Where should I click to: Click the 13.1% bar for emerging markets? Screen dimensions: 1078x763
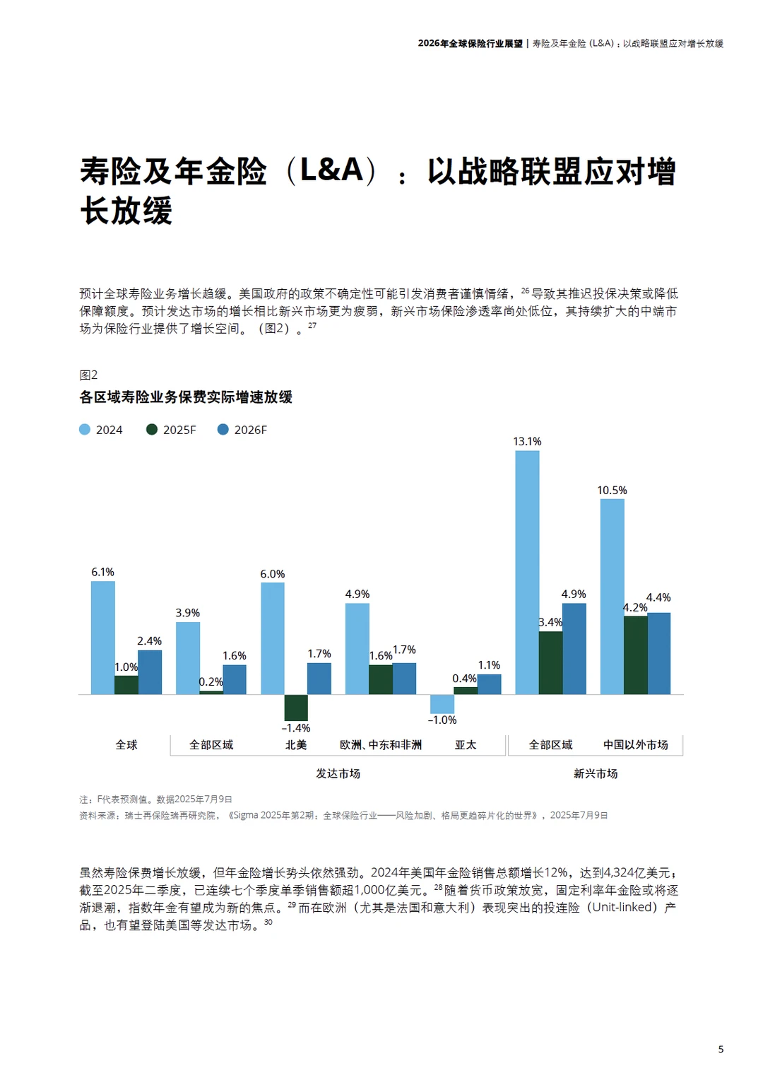pyautogui.click(x=527, y=572)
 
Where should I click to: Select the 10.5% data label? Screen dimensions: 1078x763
pyautogui.click(x=612, y=490)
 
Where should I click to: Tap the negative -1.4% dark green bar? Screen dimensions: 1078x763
pyautogui.click(x=296, y=707)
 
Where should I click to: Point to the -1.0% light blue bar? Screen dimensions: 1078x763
pyautogui.click(x=442, y=703)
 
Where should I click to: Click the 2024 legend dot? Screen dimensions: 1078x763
pyautogui.click(x=85, y=430)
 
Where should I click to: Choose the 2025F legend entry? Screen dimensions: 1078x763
pyautogui.click(x=172, y=430)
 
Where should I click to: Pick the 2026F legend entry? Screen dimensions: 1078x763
pyautogui.click(x=242, y=430)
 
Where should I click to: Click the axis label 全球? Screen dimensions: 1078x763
pyautogui.click(x=126, y=744)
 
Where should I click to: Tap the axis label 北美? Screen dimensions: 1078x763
pyautogui.click(x=296, y=744)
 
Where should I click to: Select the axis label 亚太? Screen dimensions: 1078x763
pyautogui.click(x=466, y=744)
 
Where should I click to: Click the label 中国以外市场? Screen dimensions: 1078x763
pyautogui.click(x=635, y=744)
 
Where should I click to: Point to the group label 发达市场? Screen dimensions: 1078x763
pyautogui.click(x=338, y=773)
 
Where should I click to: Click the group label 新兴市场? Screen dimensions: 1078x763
pyautogui.click(x=596, y=773)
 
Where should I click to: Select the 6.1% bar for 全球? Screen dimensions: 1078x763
pyautogui.click(x=103, y=637)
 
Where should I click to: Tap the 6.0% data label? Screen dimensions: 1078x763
pyautogui.click(x=273, y=574)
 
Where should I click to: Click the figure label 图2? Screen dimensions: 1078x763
pyautogui.click(x=88, y=375)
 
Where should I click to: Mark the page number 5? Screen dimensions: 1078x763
pyautogui.click(x=721, y=1049)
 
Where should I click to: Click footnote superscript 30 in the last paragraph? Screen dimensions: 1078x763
pyautogui.click(x=268, y=922)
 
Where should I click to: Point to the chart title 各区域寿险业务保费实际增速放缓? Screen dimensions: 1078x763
pyautogui.click(x=186, y=397)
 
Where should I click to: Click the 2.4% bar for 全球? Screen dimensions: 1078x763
pyautogui.click(x=150, y=672)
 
